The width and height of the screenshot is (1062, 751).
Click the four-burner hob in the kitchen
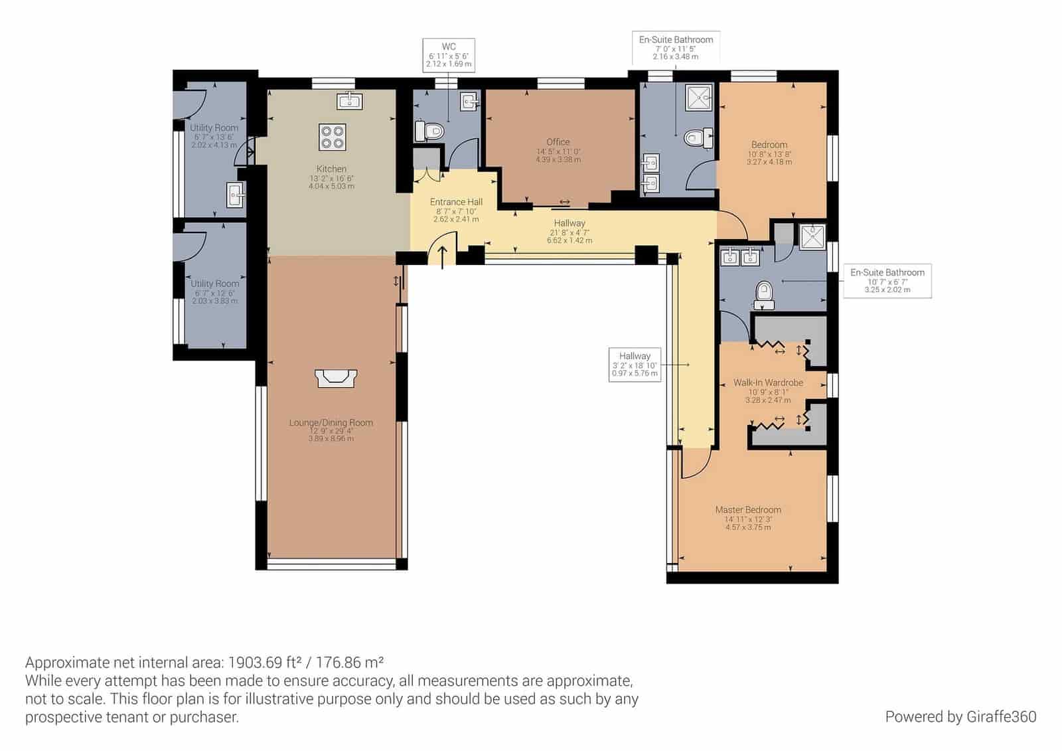pyautogui.click(x=332, y=136)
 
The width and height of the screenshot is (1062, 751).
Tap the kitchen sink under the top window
pyautogui.click(x=349, y=100)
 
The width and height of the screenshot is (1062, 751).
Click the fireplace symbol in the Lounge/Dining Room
pyautogui.click(x=336, y=378)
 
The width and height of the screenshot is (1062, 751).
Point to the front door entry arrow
pyautogui.click(x=443, y=255)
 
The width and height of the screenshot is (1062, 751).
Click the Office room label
pyautogui.click(x=558, y=142)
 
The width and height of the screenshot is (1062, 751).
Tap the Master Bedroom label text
pyautogui.click(x=748, y=510)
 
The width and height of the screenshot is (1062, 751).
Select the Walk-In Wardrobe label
pyautogui.click(x=768, y=382)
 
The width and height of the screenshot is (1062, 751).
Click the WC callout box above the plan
pyautogui.click(x=449, y=55)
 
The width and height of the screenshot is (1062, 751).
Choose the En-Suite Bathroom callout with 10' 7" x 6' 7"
pyautogui.click(x=887, y=280)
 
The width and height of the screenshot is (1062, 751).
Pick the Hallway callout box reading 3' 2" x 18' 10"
pyautogui.click(x=635, y=365)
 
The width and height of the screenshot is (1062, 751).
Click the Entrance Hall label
pyautogui.click(x=456, y=202)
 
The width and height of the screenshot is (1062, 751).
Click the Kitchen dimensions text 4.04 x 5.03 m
pyautogui.click(x=331, y=187)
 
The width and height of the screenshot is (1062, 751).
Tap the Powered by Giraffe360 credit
pyautogui.click(x=960, y=716)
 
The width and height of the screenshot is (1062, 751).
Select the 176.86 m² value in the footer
pyautogui.click(x=350, y=662)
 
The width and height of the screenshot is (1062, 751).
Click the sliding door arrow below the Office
pyautogui.click(x=564, y=202)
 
